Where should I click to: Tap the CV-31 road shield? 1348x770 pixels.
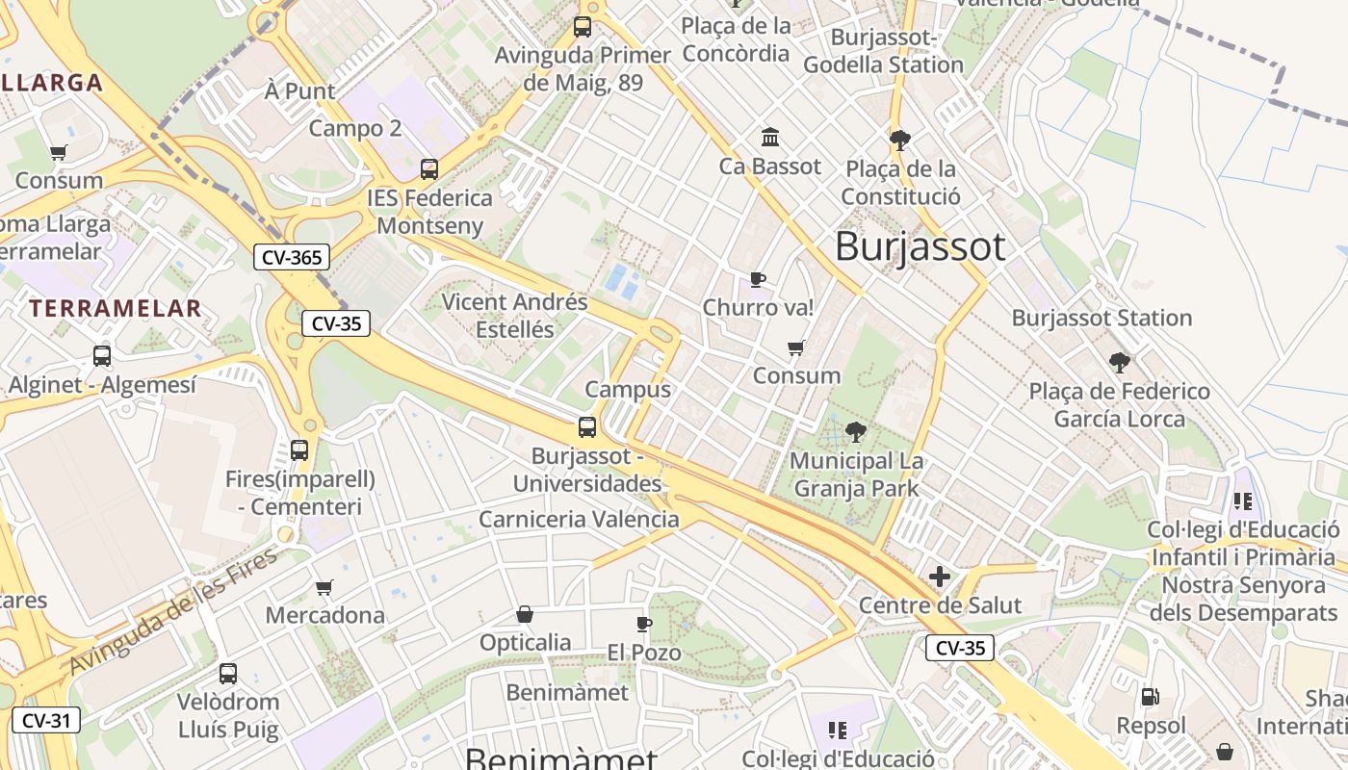46,720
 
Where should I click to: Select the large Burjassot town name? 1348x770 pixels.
920,246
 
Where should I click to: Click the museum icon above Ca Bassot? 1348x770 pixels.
770,138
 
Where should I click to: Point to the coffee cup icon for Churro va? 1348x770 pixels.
758,280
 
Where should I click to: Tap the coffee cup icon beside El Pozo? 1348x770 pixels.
644,625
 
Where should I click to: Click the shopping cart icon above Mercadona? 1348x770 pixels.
324,587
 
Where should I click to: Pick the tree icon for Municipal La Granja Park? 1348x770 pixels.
855,432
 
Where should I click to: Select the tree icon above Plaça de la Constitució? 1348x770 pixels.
900,141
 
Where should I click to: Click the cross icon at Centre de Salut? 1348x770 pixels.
940,577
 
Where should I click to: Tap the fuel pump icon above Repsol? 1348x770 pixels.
1150,696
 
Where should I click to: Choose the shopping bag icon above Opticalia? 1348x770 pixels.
525,614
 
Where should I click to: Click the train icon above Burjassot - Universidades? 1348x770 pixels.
587,427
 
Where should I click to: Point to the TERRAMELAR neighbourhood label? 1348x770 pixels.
116,309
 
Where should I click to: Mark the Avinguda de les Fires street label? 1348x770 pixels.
173,610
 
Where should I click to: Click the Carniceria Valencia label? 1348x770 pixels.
579,520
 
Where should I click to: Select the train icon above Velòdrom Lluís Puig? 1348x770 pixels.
228,674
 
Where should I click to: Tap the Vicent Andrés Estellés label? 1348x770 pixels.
514,316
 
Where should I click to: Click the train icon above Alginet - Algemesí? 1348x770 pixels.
102,356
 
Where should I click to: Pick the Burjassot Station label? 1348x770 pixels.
1102,318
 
